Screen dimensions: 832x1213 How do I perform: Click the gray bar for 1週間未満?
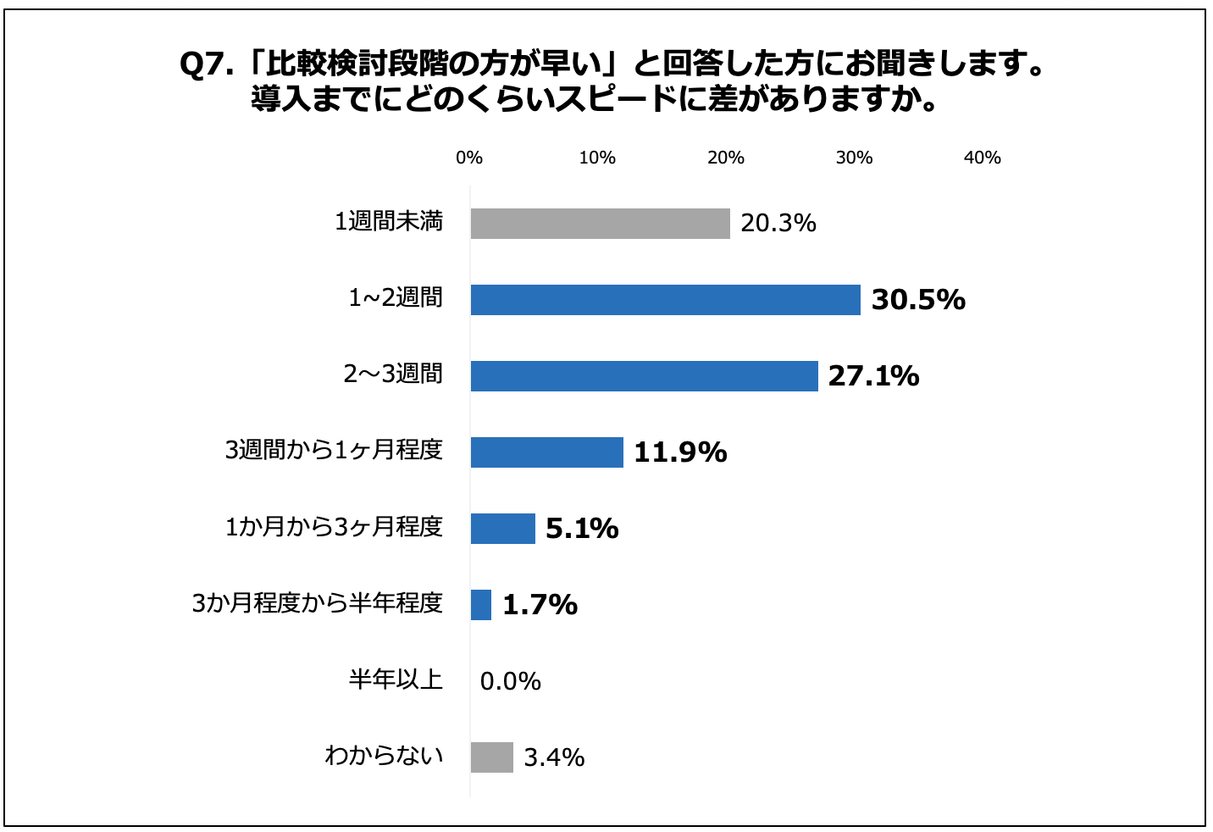pyautogui.click(x=600, y=224)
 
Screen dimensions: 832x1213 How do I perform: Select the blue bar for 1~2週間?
pyautogui.click(x=665, y=300)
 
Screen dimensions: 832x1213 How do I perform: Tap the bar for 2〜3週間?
pyautogui.click(x=644, y=376)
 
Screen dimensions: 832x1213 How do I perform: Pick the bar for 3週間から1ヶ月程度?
pyautogui.click(x=546, y=452)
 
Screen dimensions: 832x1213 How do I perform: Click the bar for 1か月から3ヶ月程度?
pyautogui.click(x=502, y=529)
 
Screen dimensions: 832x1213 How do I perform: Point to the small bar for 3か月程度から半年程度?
pyautogui.click(x=481, y=605)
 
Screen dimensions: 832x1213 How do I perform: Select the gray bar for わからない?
pyautogui.click(x=491, y=757)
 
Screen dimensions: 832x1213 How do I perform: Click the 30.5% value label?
pyautogui.click(x=918, y=300)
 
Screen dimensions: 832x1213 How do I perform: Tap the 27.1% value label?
pyautogui.click(x=873, y=376)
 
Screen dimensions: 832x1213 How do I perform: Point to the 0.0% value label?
pyautogui.click(x=510, y=681)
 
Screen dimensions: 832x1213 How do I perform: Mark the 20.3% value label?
pyautogui.click(x=778, y=224)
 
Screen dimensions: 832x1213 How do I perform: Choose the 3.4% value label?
pyautogui.click(x=554, y=757)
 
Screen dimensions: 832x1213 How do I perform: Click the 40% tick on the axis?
pyautogui.click(x=983, y=158)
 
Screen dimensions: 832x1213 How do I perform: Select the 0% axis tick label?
pyautogui.click(x=469, y=158)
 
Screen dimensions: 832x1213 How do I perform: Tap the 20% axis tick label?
pyautogui.click(x=726, y=158)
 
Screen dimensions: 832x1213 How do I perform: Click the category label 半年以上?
pyautogui.click(x=396, y=679)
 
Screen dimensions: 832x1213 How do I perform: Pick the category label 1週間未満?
pyautogui.click(x=389, y=223)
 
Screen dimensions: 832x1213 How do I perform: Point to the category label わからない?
pyautogui.click(x=384, y=756)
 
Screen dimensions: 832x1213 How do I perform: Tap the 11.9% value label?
pyautogui.click(x=680, y=452)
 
